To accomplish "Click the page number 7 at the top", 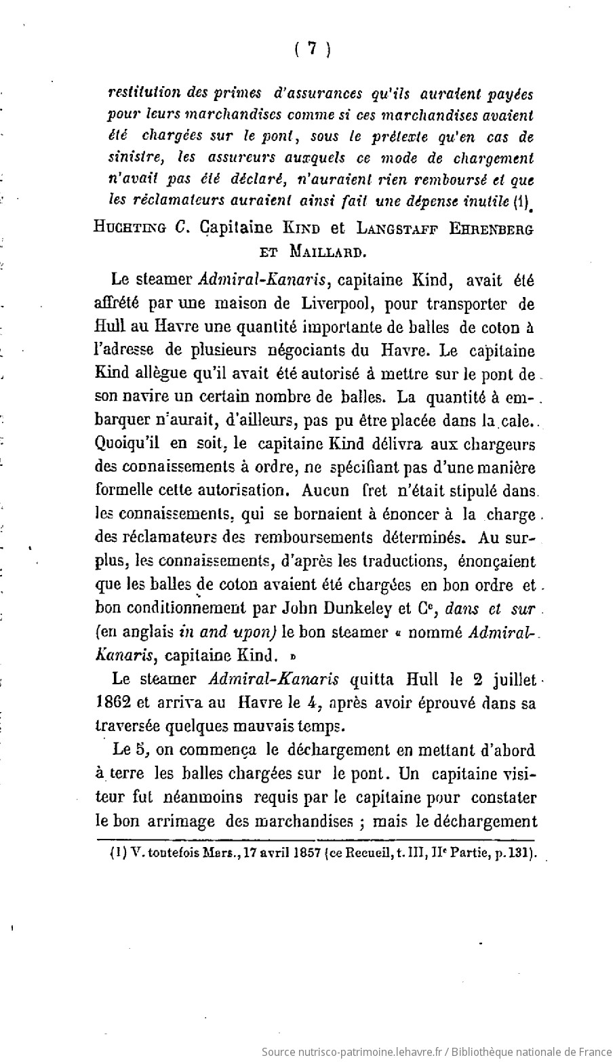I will [312, 49].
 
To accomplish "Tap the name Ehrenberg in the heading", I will [490, 229].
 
